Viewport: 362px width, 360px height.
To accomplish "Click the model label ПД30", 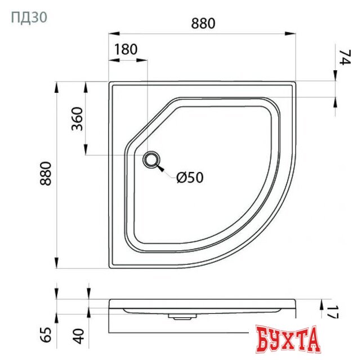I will click(x=29, y=17).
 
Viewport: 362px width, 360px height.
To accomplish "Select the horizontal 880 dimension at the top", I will click(x=203, y=23).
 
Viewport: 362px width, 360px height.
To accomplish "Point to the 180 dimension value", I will click(x=125, y=49).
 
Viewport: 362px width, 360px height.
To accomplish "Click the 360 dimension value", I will click(x=77, y=118).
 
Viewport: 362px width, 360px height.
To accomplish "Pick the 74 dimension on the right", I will click(x=344, y=57).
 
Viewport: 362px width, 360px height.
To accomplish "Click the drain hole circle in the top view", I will click(x=151, y=160).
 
